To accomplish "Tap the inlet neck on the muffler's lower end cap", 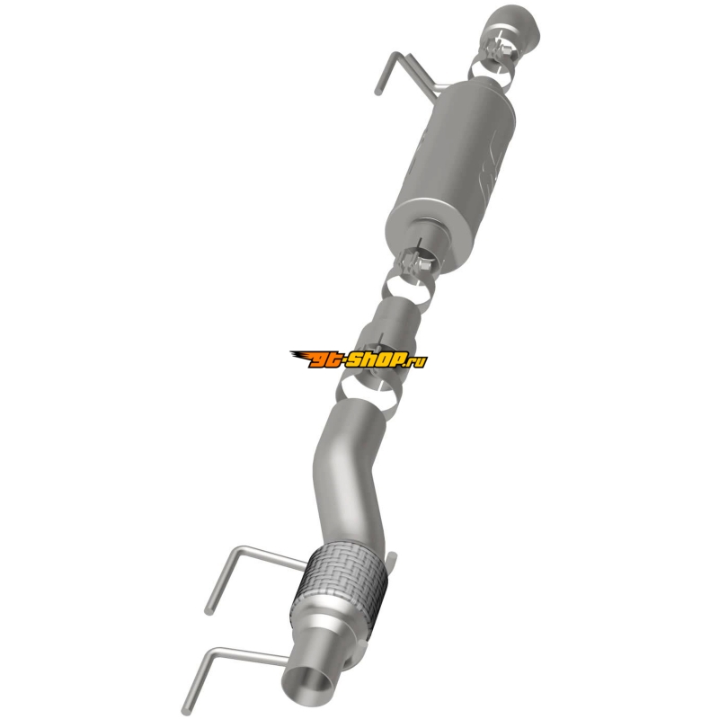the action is point(430,237).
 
